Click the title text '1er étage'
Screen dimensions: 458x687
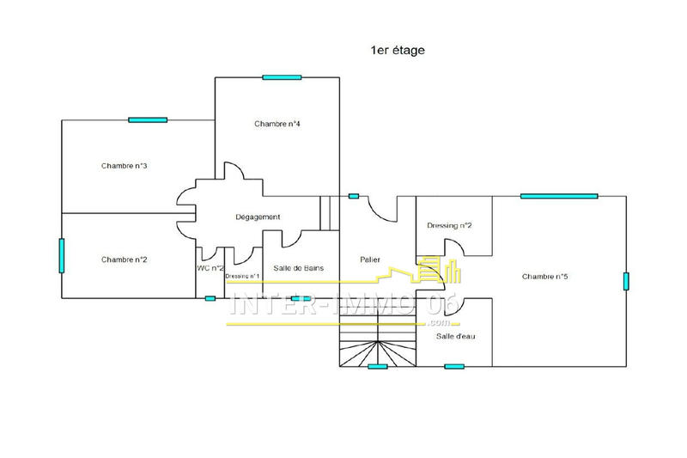398,51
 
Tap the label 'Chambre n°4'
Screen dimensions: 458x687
277,124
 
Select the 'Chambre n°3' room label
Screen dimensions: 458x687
125,166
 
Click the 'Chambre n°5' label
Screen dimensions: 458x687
545,277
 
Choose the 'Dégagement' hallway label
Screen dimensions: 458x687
258,217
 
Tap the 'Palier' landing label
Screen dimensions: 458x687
369,260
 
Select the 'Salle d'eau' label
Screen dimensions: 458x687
455,336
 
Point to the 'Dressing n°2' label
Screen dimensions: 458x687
450,226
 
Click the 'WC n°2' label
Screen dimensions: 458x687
210,268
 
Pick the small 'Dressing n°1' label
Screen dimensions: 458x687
242,277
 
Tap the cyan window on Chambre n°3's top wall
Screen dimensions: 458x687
148,119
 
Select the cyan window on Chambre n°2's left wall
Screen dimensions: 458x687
62,255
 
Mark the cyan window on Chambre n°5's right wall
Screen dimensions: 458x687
626,281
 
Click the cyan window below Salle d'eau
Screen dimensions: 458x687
454,366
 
